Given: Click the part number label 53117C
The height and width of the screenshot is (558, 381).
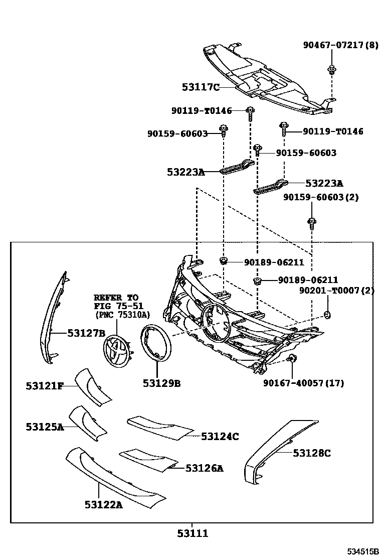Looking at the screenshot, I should pos(201,87).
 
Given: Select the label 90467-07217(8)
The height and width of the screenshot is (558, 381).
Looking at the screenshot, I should pos(340,45).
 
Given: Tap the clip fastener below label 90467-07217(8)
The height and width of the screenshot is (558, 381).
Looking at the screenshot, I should pos(331,69).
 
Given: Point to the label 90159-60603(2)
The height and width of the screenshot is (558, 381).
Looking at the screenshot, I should pos(321,197).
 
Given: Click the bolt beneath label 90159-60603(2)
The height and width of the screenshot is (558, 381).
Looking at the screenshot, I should pos(311,221).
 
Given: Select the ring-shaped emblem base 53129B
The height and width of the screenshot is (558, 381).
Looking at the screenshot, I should pos(156,343).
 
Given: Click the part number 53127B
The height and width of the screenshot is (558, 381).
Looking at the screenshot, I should pos(86,333).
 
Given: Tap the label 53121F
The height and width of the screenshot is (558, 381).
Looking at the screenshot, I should pos(45,385).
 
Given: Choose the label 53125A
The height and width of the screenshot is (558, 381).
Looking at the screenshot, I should pos(45,427).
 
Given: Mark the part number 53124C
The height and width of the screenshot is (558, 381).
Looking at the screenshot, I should pos(220,437).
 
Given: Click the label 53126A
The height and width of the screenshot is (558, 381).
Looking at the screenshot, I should pos(204,468).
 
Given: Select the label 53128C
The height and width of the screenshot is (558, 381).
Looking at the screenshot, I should pos(312,453).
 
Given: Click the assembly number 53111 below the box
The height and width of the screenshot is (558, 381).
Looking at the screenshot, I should pos(192,533).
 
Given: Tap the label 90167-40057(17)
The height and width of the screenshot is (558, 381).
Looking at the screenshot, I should pos(303,383).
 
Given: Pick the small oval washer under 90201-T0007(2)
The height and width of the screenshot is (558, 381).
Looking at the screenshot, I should pos(327,315).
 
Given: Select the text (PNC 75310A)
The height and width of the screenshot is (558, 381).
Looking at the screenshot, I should pos(123,315).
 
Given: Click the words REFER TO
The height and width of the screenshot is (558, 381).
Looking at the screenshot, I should pos(116,298).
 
